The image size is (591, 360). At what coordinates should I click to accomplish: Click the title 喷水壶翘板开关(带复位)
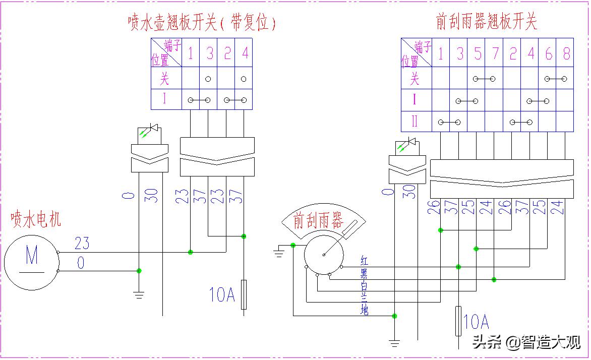point(202,23)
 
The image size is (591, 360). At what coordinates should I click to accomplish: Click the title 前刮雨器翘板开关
point(486,21)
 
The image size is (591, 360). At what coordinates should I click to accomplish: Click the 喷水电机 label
point(36,220)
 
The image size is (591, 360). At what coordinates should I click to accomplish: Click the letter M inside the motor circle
point(31,256)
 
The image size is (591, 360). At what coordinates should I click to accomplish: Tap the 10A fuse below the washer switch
point(244,294)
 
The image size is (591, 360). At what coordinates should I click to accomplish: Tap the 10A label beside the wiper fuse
point(477,321)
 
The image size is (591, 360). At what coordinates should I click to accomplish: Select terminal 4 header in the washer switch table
point(245,53)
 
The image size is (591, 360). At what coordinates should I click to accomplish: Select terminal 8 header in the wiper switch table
point(566,53)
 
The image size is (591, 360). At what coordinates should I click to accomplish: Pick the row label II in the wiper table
point(415,122)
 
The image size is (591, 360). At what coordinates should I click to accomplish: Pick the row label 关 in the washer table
point(165,79)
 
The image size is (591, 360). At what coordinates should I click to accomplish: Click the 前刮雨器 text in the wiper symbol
point(318,220)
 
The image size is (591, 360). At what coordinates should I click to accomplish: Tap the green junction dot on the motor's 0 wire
point(139,271)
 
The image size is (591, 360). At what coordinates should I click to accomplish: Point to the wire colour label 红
point(365,261)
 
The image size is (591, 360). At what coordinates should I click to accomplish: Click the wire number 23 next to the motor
point(82,244)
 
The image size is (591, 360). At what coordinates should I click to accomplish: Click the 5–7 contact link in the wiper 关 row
point(484,79)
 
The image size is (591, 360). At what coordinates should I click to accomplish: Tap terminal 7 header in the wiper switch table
point(495,53)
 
